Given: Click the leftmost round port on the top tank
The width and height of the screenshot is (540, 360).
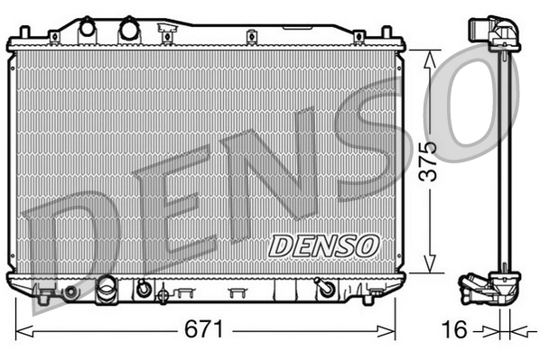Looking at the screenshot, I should pos(87,28).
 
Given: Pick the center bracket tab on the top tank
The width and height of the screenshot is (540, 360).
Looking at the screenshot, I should pos(166,35).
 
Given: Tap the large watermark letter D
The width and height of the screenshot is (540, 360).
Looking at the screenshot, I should pos(68,239).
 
